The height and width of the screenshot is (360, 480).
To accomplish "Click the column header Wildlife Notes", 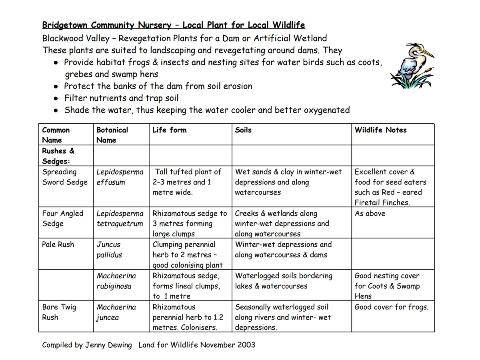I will (x=380, y=130).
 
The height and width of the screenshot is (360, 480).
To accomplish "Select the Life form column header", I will (x=169, y=130).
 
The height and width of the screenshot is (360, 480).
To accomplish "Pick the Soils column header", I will (x=243, y=130).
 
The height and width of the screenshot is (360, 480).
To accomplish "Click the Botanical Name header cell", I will (x=112, y=135).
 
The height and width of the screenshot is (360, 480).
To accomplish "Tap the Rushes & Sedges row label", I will (x=58, y=156).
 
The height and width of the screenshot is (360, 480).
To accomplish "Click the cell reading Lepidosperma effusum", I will (x=120, y=177).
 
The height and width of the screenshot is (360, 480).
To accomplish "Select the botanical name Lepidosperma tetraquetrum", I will (x=120, y=218).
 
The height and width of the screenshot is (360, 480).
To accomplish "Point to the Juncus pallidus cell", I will (x=109, y=250).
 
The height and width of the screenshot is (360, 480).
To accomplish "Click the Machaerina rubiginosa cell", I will (x=116, y=281).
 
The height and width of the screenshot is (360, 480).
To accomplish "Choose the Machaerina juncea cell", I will (x=116, y=312).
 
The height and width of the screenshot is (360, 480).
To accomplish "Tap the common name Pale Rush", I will (x=58, y=244).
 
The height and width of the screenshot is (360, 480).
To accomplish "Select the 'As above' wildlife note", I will (x=370, y=213).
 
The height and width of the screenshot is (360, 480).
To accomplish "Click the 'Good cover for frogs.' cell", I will (x=391, y=307).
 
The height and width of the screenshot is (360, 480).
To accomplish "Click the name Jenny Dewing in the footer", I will (x=108, y=345).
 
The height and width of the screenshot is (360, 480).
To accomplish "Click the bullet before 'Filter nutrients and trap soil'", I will (x=56, y=98).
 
